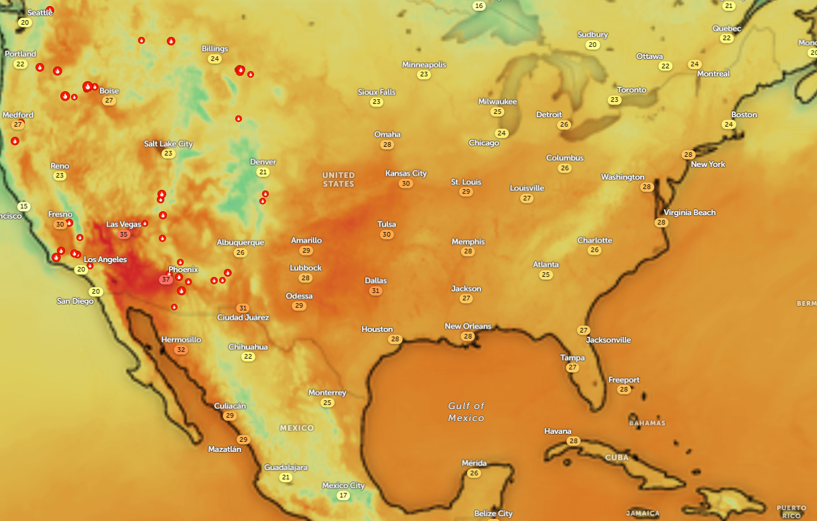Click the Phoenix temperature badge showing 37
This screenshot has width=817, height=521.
coord(166,280)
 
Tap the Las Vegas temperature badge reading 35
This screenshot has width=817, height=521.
coord(123,235)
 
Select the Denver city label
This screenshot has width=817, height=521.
coord(263,162)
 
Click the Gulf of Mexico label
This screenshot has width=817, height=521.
coord(466,412)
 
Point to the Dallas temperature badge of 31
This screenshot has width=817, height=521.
coord(375,291)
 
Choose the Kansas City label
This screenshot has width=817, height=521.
coord(405,174)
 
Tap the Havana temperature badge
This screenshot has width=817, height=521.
coord(573,441)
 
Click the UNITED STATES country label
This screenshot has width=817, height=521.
coord(338,180)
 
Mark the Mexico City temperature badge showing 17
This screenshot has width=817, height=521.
coord(343,496)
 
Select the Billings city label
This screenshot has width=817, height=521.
coord(214,49)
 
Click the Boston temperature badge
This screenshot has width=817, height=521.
coord(729,125)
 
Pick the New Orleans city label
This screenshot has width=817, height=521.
coord(468,327)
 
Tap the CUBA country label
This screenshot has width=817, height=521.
coord(617,457)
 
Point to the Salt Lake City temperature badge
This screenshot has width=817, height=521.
coord(168,154)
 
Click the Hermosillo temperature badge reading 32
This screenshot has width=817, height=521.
coord(180,350)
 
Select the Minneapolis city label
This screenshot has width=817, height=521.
coord(424,65)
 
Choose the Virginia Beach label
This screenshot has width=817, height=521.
coord(690,213)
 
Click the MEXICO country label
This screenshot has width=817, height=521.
coord(297,428)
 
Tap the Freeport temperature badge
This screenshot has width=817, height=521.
coord(624,390)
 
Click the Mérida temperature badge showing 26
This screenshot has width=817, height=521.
coord(474,473)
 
